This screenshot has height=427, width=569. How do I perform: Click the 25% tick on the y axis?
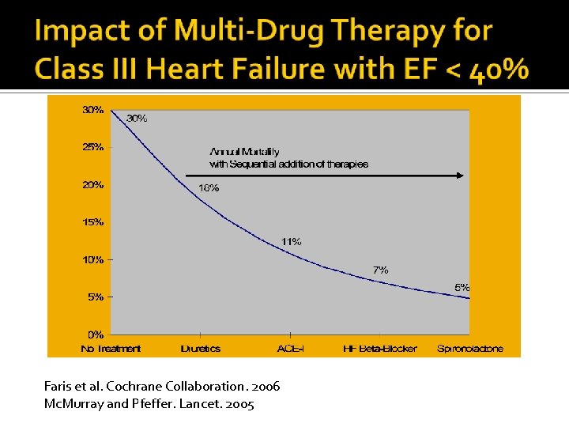[93, 147]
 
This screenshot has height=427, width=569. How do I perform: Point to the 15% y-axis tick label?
[93, 222]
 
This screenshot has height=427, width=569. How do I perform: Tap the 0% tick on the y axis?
[96, 334]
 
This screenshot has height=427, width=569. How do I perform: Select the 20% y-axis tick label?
[93, 185]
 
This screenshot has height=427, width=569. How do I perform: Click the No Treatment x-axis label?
[111, 349]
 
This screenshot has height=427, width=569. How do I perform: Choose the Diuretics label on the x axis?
[200, 349]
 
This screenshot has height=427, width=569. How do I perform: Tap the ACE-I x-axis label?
[290, 349]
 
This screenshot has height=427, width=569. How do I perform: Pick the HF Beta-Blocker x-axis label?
[380, 349]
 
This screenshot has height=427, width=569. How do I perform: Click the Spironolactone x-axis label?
[469, 349]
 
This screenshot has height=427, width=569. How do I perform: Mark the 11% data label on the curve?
[291, 242]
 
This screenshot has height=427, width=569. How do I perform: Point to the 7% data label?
[380, 270]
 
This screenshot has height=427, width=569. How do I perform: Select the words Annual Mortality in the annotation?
[244, 152]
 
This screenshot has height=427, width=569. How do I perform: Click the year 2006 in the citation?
[262, 387]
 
